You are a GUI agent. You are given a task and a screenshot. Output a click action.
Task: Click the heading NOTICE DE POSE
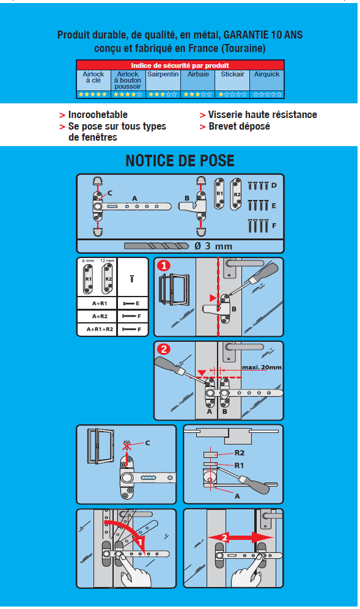tap(180, 161)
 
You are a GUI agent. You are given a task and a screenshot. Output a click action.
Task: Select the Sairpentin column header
tap(163, 74)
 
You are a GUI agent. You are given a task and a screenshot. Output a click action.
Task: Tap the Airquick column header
tap(267, 74)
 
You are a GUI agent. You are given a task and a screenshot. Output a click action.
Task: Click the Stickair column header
tap(232, 74)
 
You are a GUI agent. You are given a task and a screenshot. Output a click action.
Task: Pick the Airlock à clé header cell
tap(94, 77)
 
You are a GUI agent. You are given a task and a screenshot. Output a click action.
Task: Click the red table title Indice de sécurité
tap(180, 65)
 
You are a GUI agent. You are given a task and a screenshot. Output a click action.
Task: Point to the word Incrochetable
tap(98, 115)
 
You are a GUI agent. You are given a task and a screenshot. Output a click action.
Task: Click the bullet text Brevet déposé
tap(239, 127)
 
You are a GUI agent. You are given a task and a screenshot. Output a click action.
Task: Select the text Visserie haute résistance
tap(262, 115)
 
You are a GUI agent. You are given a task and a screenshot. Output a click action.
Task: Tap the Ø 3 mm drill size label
tap(213, 246)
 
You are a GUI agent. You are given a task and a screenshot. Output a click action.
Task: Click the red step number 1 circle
tap(163, 266)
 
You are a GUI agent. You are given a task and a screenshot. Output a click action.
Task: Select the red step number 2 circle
tap(163, 350)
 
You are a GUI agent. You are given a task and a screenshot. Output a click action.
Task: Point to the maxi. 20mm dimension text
tap(262, 367)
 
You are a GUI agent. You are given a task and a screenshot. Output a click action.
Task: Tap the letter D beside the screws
tap(274, 185)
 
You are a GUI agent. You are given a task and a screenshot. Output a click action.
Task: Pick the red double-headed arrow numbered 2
tap(233, 537)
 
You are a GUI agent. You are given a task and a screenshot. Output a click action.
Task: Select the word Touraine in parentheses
tap(242, 48)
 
